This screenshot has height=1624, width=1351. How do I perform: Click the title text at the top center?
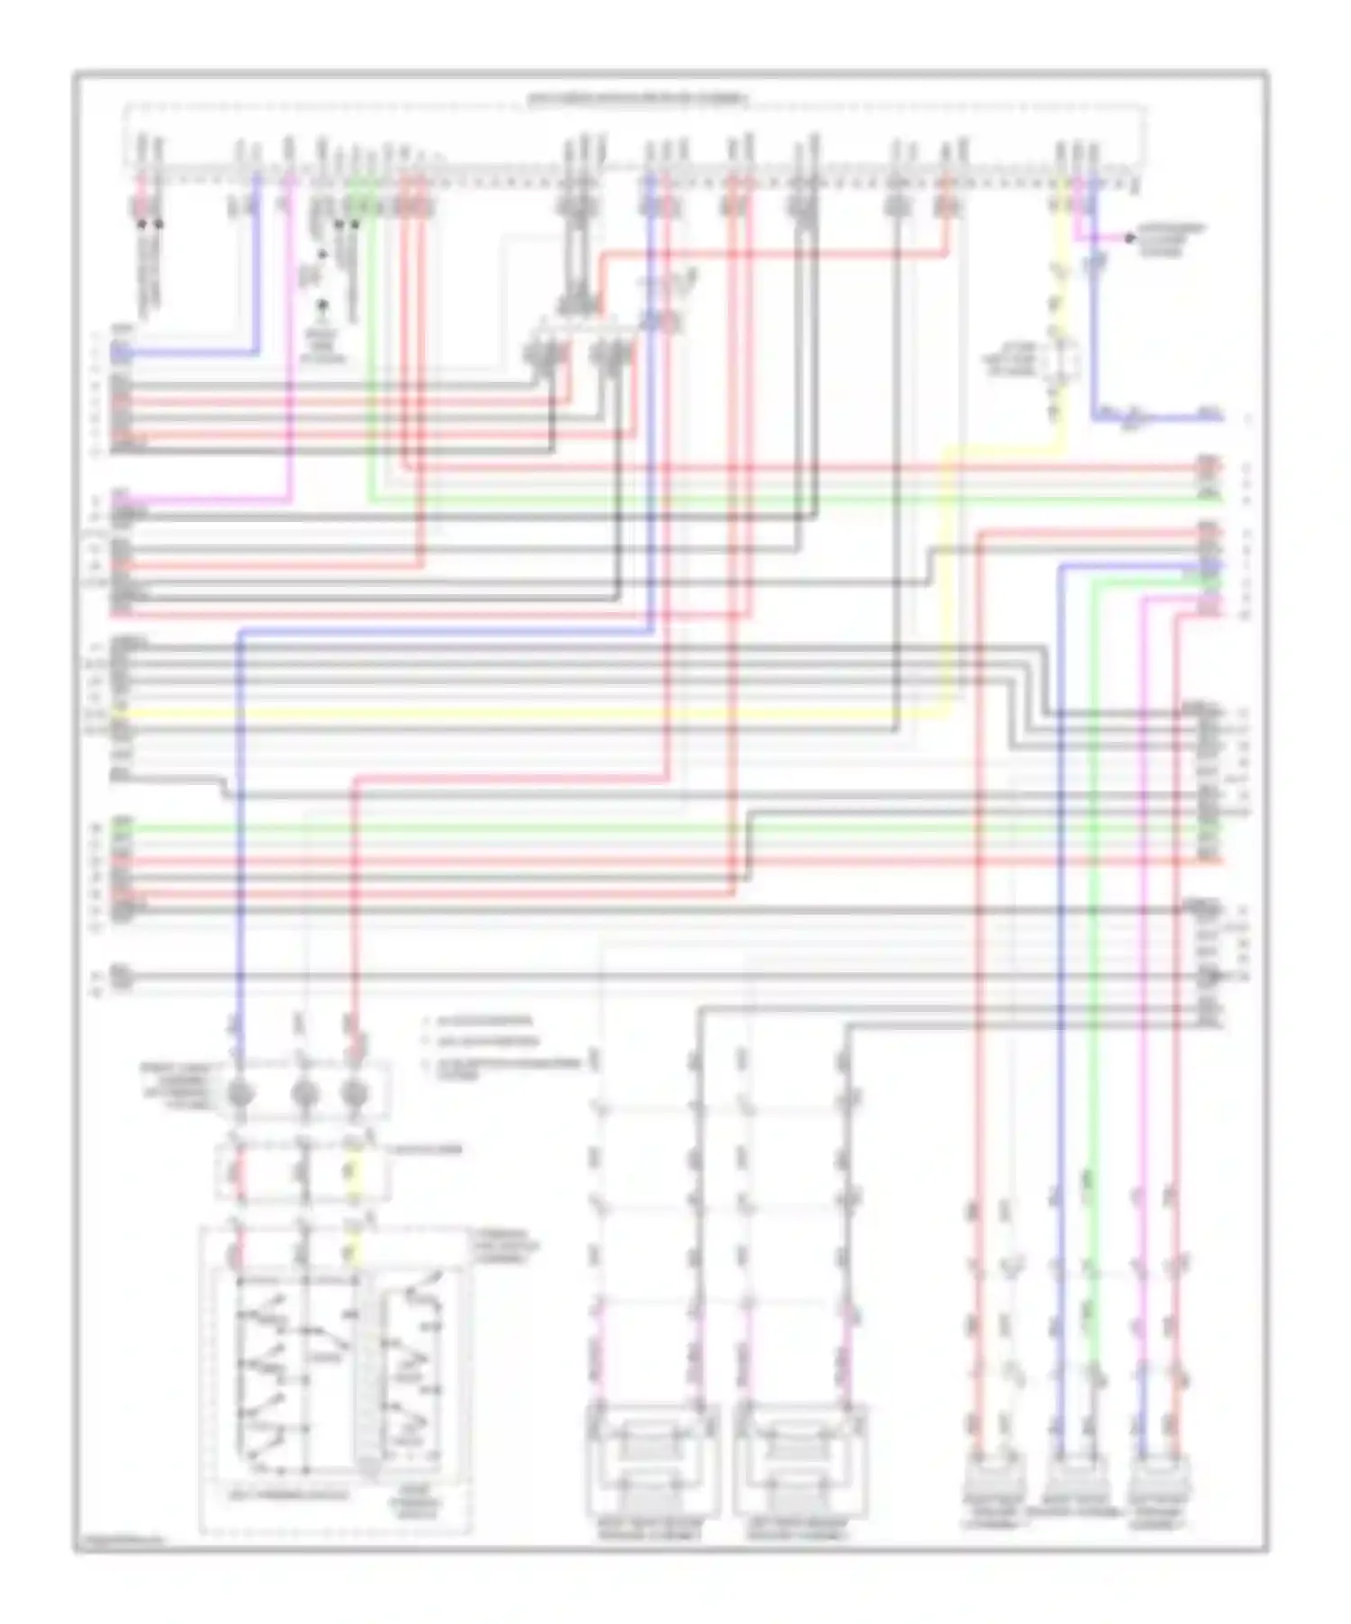click(636, 96)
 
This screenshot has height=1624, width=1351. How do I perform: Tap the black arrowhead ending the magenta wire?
click(1129, 239)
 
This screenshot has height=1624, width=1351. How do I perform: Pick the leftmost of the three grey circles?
click(240, 1094)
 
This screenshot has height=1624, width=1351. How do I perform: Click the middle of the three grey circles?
click(304, 1094)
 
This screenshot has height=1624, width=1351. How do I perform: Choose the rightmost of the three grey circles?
click(355, 1094)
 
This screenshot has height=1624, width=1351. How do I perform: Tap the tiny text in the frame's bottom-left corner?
click(121, 1542)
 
